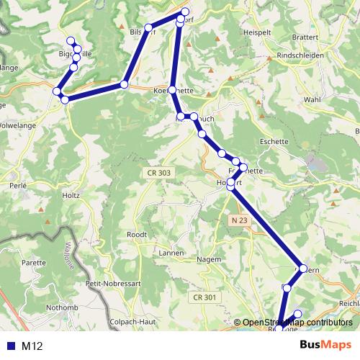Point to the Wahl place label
(x=312, y=99)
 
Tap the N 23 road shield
(x=240, y=218)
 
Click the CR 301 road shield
(x=204, y=297)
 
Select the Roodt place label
(x=136, y=235)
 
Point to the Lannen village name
(x=171, y=253)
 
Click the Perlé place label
(x=19, y=185)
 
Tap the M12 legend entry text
(x=32, y=346)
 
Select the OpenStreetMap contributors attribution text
(x=297, y=323)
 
